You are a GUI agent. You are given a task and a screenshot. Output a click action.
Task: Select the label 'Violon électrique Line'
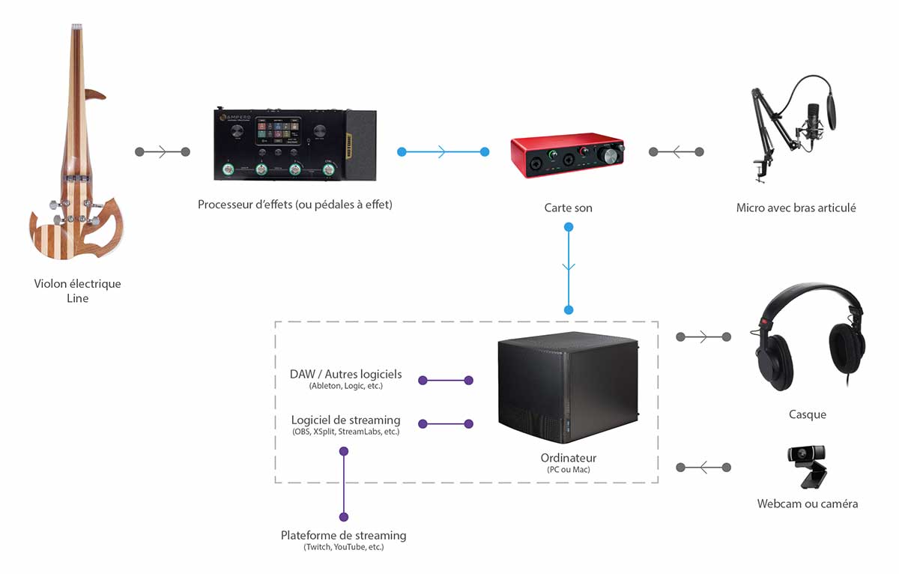77,291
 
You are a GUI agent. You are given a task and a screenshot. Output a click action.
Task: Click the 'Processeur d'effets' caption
294,204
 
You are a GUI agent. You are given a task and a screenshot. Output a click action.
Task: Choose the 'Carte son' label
568,208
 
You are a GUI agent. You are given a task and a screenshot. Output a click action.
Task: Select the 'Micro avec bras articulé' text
796,208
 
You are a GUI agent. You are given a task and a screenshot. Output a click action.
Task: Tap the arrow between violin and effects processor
163,152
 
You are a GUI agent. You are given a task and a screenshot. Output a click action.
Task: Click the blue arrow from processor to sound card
443,152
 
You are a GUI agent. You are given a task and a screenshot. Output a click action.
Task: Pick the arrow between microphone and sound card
676,152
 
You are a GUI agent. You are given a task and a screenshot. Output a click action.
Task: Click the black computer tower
567,390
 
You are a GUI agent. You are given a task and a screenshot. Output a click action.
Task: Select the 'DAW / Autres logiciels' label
345,374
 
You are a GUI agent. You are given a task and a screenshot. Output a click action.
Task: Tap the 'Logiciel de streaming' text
345,420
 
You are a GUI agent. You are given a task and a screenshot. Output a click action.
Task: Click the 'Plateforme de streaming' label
343,535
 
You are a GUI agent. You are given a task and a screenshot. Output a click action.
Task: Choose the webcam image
808,465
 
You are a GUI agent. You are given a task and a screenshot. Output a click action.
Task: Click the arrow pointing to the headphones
703,337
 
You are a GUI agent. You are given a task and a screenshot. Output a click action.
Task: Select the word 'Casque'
807,414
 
